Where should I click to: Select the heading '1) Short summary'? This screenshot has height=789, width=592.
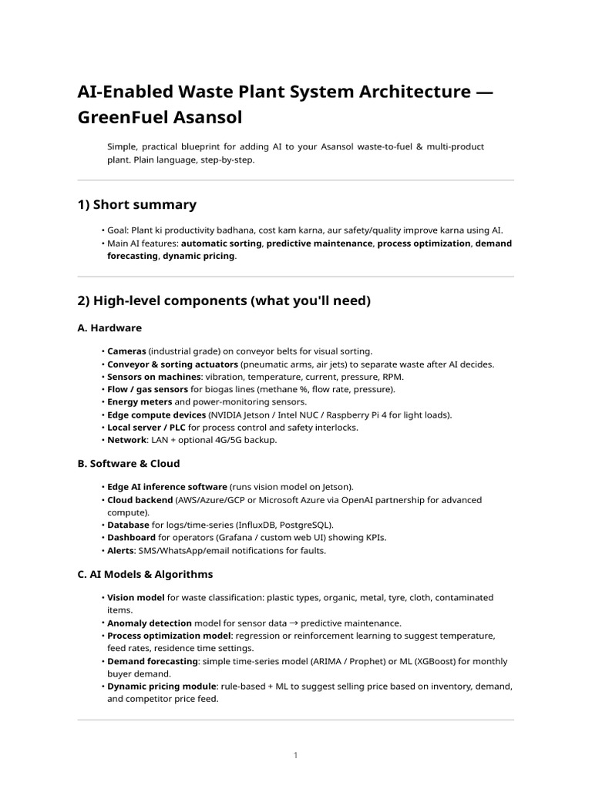click(136, 204)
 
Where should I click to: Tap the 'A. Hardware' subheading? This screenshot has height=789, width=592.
click(109, 327)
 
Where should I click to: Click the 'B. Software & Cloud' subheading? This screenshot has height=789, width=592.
click(129, 463)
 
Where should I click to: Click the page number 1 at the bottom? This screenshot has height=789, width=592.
click(295, 755)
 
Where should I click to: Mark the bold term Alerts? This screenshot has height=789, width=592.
click(122, 550)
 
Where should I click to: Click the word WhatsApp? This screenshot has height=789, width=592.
click(191, 550)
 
